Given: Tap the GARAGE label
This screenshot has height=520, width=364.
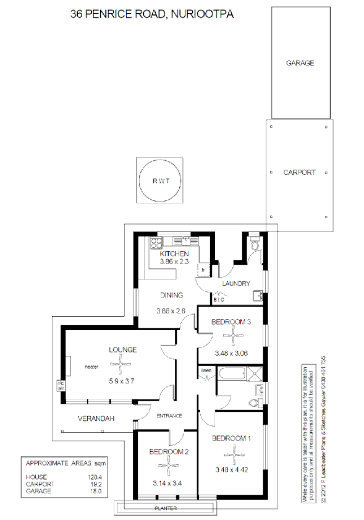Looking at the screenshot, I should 300,63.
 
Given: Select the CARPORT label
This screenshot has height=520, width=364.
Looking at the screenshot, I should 300,173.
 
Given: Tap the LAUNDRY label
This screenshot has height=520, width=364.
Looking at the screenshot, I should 235,284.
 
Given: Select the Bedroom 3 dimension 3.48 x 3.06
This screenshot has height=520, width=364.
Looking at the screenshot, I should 231,354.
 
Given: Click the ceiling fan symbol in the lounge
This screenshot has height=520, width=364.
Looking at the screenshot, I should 123,364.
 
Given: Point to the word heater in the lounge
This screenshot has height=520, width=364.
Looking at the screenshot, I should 92,366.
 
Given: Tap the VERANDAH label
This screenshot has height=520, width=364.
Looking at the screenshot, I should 96,419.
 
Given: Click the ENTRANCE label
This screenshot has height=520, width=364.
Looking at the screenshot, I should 169,415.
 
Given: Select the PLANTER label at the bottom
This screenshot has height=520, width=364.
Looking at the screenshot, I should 166,508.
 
